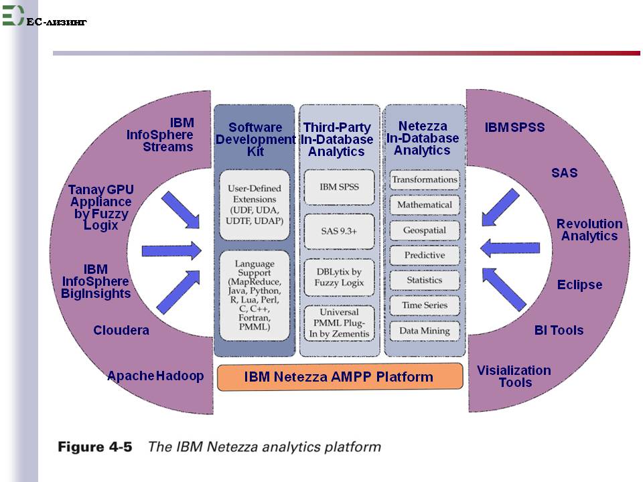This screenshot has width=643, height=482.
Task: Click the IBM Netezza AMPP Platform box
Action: tap(340, 377)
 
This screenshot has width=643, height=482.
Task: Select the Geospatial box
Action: tap(425, 230)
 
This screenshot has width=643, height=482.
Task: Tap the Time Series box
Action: tap(425, 305)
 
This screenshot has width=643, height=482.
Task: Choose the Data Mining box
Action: tap(425, 331)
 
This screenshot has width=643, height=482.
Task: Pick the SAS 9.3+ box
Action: tap(339, 232)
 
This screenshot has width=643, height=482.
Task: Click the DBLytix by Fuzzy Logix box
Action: tap(339, 277)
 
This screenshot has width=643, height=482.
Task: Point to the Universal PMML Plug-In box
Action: tap(339, 323)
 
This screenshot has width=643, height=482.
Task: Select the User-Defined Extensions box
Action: tap(255, 205)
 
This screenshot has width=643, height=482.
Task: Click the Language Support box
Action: tap(255, 295)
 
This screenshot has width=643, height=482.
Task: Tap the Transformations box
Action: tap(425, 180)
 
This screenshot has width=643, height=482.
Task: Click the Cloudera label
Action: tap(121, 330)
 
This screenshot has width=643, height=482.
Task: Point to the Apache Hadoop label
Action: tap(155, 376)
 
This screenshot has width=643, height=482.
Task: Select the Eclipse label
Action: tap(579, 285)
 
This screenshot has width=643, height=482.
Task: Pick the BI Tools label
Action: tap(559, 330)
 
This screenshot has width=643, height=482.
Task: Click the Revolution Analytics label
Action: tap(589, 230)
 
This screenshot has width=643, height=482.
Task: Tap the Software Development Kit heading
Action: tap(255, 139)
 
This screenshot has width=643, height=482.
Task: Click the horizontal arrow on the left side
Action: tap(171, 250)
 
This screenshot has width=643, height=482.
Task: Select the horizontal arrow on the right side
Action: tap(510, 248)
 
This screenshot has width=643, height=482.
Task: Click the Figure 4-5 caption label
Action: tap(94, 447)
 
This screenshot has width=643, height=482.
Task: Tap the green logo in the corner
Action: tap(13, 15)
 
